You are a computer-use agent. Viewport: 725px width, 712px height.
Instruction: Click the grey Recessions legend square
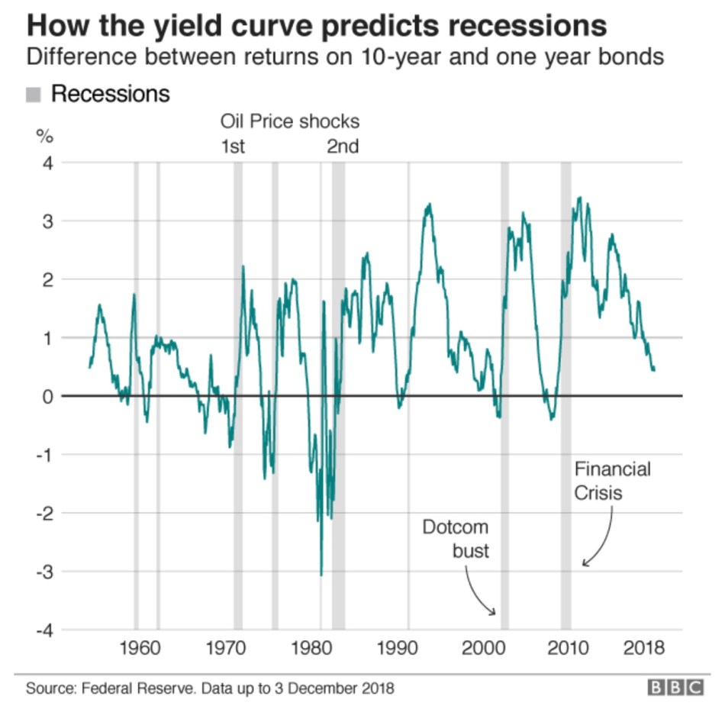pos(34,95)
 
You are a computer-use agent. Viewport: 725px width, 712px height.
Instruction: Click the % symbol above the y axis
pos(45,137)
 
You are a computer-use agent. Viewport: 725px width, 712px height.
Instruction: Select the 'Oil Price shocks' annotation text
pos(289,121)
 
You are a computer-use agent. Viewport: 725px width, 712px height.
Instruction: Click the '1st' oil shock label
pos(233,147)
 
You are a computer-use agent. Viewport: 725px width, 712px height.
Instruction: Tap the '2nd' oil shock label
pos(343,147)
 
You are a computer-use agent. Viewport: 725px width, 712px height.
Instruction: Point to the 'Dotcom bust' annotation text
pos(456,539)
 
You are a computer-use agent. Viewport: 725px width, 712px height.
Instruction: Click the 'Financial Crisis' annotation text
pos(612,481)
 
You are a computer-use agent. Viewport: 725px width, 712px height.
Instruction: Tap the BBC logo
pos(675,688)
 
